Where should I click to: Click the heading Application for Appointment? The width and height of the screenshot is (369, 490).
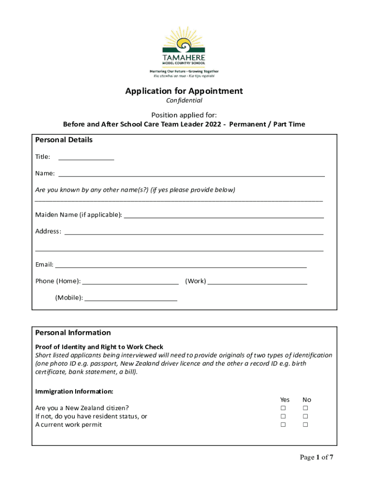184,91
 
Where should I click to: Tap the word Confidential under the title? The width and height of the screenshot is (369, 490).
184,101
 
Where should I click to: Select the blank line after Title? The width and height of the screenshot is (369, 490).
86,158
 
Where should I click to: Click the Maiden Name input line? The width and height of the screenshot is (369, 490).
224,216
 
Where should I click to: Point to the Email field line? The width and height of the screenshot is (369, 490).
181,266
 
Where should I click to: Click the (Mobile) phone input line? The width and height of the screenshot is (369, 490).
131,299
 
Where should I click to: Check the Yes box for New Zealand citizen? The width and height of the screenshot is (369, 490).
283,408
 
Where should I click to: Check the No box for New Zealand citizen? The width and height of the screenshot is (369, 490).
305,408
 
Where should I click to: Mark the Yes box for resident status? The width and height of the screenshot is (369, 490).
283,416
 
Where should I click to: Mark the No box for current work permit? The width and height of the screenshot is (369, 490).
305,424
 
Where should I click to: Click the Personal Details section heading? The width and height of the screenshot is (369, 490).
64,140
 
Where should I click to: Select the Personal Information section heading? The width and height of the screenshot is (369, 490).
73,333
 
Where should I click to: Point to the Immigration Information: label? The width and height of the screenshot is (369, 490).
74,391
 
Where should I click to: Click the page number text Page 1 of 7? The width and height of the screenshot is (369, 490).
316,457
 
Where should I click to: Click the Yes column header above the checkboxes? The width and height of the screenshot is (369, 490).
285,400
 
